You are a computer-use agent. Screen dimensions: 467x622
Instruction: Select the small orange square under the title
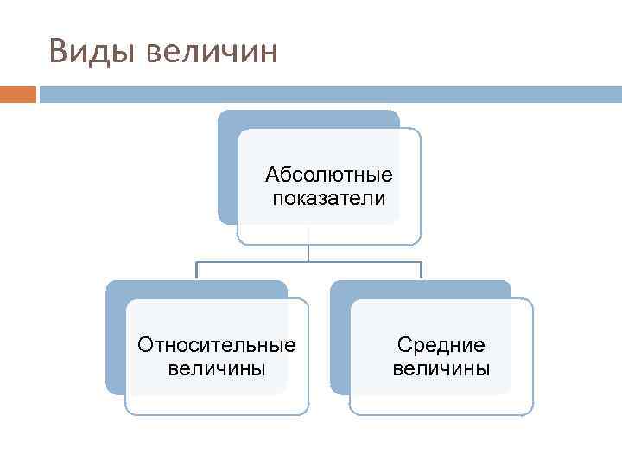18,93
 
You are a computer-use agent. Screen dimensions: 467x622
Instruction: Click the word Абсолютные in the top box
329,176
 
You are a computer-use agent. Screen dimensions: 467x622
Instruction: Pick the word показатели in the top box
329,199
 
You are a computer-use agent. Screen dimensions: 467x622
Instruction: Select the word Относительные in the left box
217,345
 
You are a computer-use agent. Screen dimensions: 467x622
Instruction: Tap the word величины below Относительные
217,369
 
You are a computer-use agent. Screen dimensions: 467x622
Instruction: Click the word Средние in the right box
441,345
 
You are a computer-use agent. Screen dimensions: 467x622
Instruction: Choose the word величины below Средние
441,369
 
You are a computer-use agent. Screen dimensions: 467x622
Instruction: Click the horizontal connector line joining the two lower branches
308,261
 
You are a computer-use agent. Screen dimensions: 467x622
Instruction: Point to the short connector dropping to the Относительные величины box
197,270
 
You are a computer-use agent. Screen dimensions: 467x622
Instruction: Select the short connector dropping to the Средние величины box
421,270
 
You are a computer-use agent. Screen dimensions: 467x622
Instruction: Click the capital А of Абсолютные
272,176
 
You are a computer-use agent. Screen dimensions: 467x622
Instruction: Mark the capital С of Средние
403,345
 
